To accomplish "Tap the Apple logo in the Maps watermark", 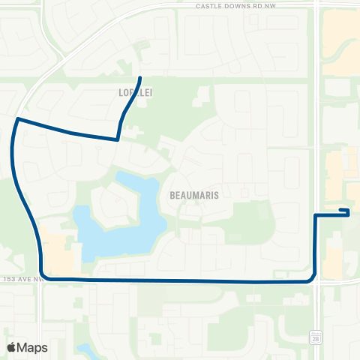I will point(10,347).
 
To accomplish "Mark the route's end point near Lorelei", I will point(140,78).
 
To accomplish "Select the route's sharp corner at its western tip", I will point(17,118).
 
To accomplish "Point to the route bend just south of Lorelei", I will point(118,139).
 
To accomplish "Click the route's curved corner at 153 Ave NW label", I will point(45,277).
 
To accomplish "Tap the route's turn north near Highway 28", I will point(312,279).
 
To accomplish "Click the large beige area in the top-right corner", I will point(341,45).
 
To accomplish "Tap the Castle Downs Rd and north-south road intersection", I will point(316,4).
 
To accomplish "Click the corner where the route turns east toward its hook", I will point(314,215).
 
